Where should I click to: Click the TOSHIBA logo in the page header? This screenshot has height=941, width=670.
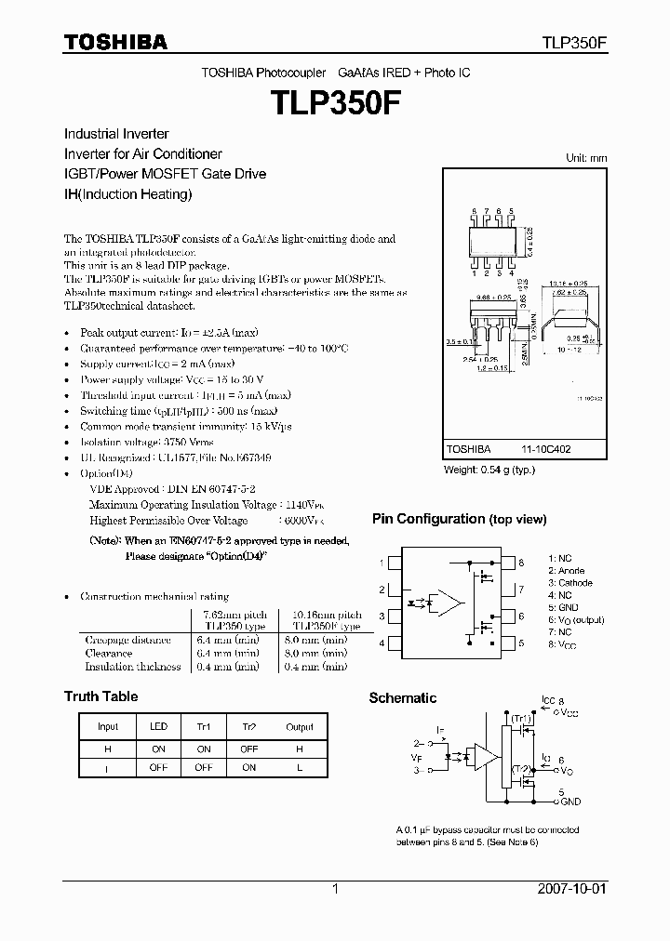click(116, 42)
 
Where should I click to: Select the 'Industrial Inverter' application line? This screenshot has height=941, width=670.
click(116, 134)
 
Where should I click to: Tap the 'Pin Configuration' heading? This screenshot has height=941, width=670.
click(459, 519)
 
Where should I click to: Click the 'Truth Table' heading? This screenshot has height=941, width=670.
click(100, 696)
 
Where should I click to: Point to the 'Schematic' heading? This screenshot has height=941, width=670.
click(402, 698)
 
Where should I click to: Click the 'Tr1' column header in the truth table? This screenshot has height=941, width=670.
click(204, 727)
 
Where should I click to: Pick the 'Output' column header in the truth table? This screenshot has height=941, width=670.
click(300, 727)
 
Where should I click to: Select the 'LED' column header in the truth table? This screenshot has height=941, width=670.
click(158, 727)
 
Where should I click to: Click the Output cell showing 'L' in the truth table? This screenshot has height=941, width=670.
click(300, 768)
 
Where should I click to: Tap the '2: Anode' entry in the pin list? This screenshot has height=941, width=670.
click(566, 571)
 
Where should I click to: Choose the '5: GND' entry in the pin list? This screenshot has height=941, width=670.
click(563, 607)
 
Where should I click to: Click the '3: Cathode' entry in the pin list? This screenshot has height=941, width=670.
click(569, 583)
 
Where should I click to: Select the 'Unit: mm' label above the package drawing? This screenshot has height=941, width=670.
click(586, 158)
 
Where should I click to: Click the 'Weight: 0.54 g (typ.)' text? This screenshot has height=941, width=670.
click(489, 470)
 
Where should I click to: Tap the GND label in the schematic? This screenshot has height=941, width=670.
click(570, 802)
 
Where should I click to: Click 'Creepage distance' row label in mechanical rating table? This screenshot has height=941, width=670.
click(127, 640)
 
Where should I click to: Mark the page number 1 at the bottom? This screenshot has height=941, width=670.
click(335, 889)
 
